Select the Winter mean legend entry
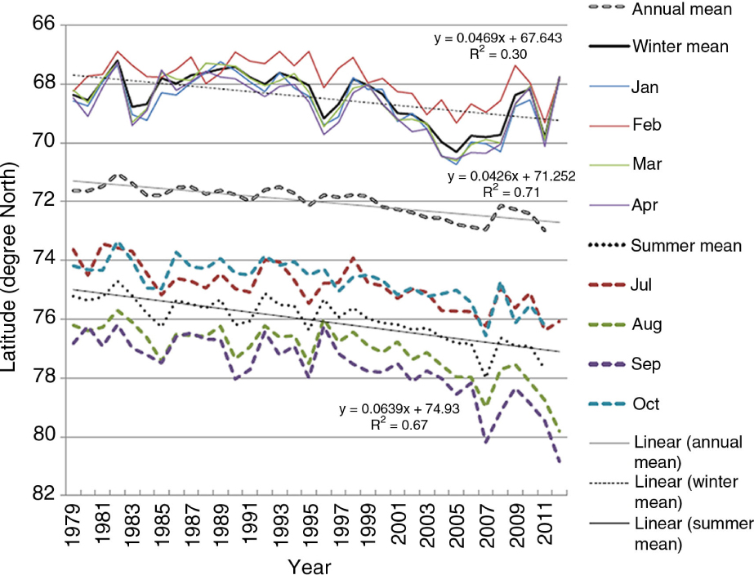tap(680, 47)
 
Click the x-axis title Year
tap(311, 565)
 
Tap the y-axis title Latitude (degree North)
tap(11, 260)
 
